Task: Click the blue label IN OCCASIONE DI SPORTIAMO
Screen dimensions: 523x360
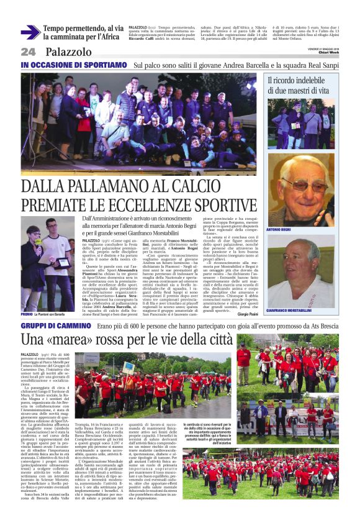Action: [x=74, y=65]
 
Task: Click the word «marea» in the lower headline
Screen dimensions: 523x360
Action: [x=81, y=340]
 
